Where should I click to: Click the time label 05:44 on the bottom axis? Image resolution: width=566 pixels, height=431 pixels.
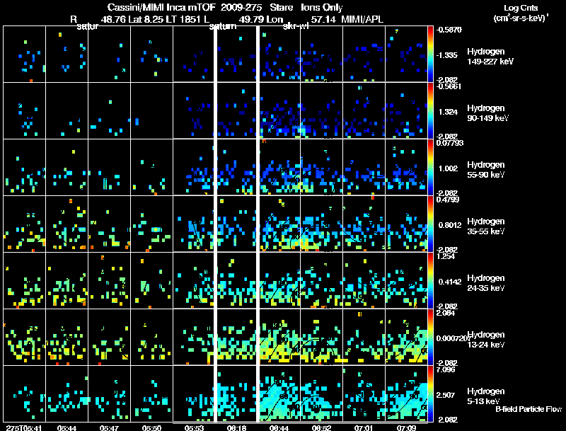[x=68, y=427]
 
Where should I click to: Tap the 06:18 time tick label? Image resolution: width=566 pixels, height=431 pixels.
[x=237, y=427]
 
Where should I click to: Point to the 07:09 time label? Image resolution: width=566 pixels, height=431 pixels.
[x=406, y=427]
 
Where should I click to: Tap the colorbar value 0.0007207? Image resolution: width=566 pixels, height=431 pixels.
[x=452, y=338]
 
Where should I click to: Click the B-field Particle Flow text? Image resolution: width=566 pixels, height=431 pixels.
[x=528, y=409]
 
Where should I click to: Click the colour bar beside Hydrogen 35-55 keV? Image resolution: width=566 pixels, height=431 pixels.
[x=431, y=224]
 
